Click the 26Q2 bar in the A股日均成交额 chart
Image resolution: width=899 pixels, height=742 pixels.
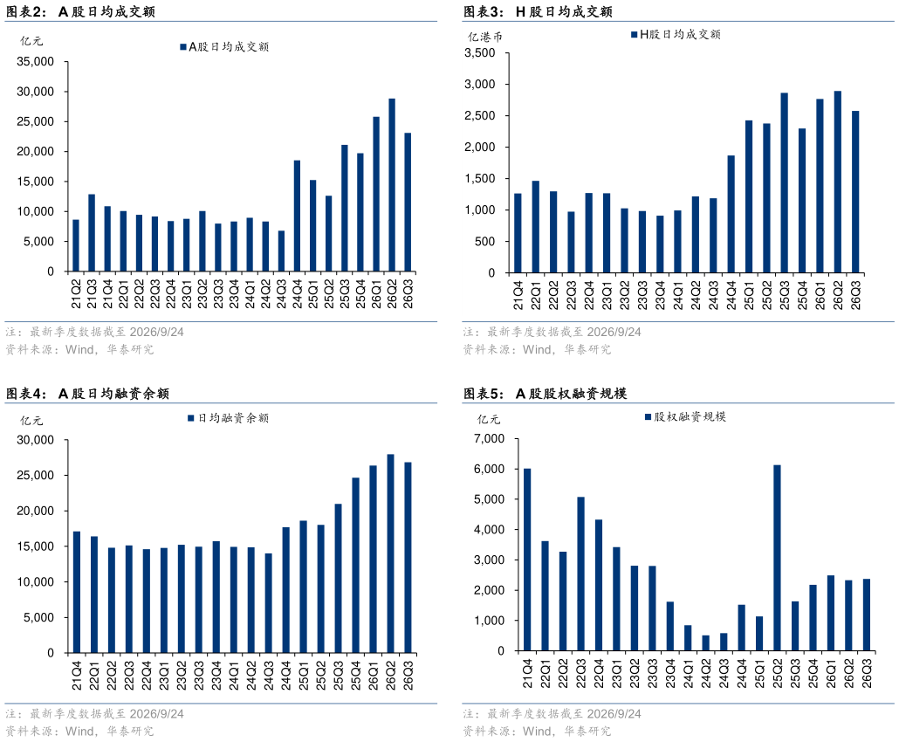coord(392,185)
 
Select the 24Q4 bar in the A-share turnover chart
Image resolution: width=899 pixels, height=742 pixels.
coord(297,216)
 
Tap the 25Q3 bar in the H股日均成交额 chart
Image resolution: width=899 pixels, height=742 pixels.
coord(784,183)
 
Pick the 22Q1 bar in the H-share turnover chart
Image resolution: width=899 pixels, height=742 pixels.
coord(536,227)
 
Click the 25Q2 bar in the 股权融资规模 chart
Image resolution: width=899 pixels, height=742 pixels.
coord(777,558)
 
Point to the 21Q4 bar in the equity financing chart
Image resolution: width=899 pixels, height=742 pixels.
coord(527,560)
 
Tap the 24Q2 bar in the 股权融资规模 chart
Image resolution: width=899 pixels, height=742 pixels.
coord(706,642)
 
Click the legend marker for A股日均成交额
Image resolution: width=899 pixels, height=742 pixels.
coord(183,47)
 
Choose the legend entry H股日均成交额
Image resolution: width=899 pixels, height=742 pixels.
coord(676,35)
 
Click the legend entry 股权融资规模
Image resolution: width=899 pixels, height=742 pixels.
coord(686,417)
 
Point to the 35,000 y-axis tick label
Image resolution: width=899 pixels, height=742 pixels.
coord(36,62)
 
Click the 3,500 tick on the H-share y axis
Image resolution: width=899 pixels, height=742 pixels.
coord(480,52)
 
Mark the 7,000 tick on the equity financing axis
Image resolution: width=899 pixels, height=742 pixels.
coord(489,439)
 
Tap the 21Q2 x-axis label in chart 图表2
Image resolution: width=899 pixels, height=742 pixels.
coord(76,294)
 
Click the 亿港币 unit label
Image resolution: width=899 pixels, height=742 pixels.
coord(485,38)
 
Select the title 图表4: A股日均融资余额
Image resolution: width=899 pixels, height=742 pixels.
coord(88,394)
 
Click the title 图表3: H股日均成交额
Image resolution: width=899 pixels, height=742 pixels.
coord(538,11)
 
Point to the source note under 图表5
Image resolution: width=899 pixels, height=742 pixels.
coord(537,732)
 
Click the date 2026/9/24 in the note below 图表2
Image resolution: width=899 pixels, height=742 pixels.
coord(156,332)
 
